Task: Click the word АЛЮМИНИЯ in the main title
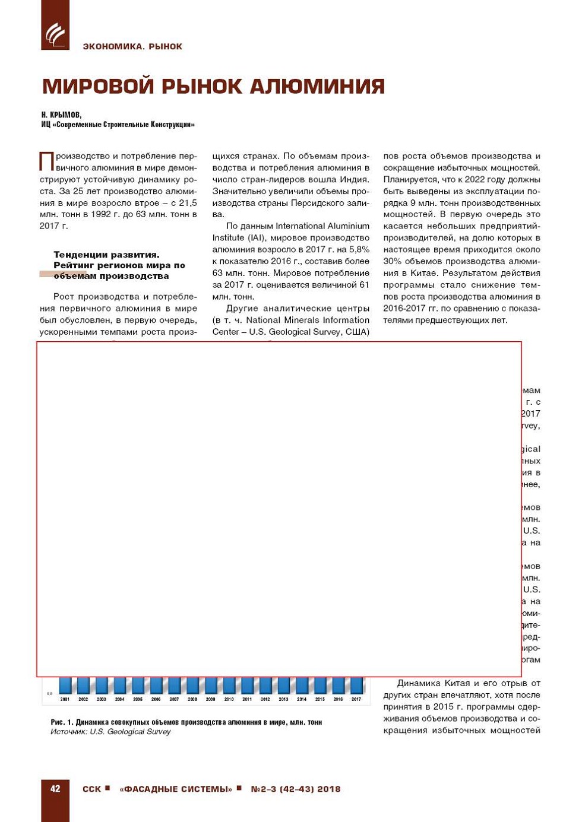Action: pyautogui.click(x=317, y=87)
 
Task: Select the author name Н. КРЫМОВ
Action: pyautogui.click(x=61, y=115)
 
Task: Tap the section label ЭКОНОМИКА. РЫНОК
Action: pyautogui.click(x=132, y=46)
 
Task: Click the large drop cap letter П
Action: pyautogui.click(x=46, y=161)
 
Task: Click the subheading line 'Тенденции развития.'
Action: pyautogui.click(x=106, y=255)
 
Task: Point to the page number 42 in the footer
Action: pyautogui.click(x=55, y=789)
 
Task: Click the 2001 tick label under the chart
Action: pyautogui.click(x=65, y=699)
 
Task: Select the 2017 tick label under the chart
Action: pyautogui.click(x=356, y=699)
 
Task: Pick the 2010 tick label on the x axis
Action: pyautogui.click(x=229, y=699)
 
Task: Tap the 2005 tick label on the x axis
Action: pyautogui.click(x=138, y=699)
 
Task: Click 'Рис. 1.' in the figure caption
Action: pyautogui.click(x=62, y=722)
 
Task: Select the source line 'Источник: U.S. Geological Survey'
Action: pyautogui.click(x=110, y=732)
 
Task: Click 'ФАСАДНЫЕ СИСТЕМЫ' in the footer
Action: pyautogui.click(x=176, y=789)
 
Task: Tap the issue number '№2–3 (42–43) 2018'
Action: pyautogui.click(x=295, y=789)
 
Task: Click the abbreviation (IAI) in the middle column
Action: pyautogui.click(x=256, y=237)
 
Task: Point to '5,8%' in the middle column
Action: pyautogui.click(x=359, y=249)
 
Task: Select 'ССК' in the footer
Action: pyautogui.click(x=91, y=789)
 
